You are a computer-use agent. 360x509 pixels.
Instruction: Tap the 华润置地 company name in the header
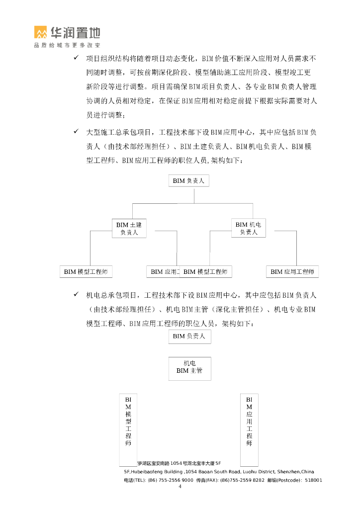click(x=75, y=33)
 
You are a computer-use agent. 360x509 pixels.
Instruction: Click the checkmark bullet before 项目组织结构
click(x=76, y=58)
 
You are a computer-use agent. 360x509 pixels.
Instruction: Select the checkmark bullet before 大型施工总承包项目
click(x=76, y=132)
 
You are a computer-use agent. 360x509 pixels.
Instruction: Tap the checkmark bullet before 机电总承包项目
click(x=76, y=294)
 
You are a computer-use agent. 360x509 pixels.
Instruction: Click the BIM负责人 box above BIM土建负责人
click(x=188, y=181)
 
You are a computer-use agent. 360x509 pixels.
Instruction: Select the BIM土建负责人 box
click(x=129, y=228)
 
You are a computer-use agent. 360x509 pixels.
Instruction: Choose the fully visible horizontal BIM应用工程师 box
click(x=292, y=272)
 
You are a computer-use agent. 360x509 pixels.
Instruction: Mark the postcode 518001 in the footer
click(x=313, y=481)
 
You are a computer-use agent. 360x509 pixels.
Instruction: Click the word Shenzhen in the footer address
click(x=288, y=472)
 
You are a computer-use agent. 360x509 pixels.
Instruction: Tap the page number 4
click(x=180, y=487)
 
